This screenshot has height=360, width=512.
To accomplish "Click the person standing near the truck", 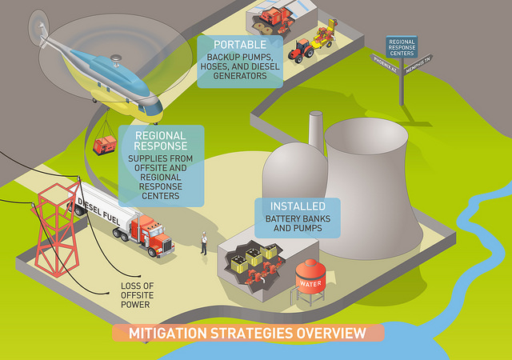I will [x=204, y=242].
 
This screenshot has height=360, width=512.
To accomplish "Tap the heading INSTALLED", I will [x=297, y=206].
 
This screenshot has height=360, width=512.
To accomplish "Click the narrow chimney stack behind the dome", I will [x=315, y=128].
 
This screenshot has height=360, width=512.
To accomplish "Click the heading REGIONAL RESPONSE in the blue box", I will [x=160, y=141].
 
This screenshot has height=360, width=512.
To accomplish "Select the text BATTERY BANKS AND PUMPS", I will [x=298, y=223].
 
